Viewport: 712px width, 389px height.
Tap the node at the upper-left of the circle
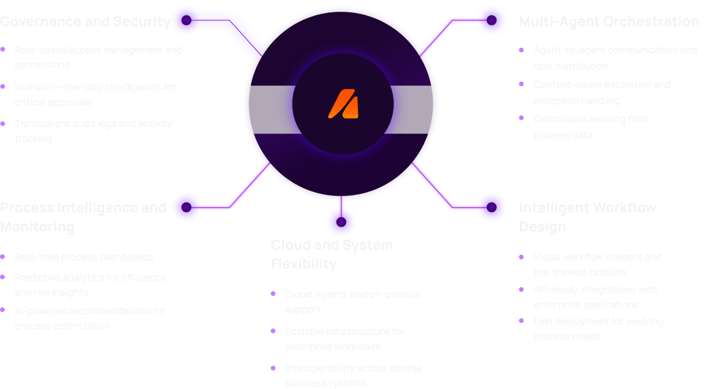(x=186, y=20)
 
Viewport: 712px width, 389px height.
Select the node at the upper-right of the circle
(x=492, y=20)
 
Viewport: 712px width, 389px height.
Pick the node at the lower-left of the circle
(x=186, y=207)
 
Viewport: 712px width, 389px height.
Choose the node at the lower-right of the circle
(x=492, y=207)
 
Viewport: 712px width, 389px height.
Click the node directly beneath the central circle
(x=341, y=222)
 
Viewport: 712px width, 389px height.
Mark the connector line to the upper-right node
(x=438, y=35)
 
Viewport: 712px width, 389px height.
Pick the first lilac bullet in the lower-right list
(x=526, y=261)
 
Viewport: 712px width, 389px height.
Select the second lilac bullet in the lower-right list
(x=526, y=292)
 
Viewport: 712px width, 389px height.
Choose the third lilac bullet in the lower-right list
(x=526, y=322)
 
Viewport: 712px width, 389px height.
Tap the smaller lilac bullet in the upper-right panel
(x=525, y=124)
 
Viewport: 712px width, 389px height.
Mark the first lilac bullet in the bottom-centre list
(x=276, y=293)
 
